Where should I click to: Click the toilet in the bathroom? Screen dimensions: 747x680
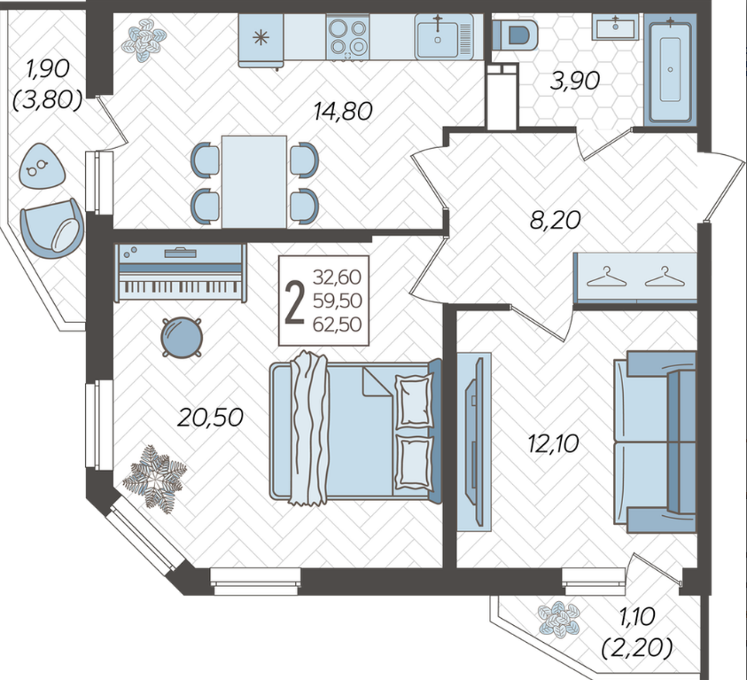point(515,35)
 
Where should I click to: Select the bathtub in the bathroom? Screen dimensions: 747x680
point(670,69)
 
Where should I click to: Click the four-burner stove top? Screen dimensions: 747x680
point(347,37)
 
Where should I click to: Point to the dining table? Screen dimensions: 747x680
point(254,182)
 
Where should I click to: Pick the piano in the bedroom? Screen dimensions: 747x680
point(181,272)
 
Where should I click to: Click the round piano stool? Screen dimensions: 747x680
point(182,338)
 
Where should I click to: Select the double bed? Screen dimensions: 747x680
point(355,430)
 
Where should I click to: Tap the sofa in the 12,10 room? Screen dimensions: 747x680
point(655,442)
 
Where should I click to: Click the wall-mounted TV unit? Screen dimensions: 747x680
point(474,442)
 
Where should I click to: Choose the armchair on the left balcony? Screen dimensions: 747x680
point(52,229)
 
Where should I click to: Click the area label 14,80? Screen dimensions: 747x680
point(343,112)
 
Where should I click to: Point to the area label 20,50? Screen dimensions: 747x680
point(210,418)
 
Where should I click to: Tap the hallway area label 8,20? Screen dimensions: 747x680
point(556,220)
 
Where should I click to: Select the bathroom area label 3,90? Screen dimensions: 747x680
point(574,81)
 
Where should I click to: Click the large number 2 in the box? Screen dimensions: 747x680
point(294,301)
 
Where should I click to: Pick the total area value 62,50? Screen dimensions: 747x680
point(338,324)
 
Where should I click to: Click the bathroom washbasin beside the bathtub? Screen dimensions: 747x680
point(615,27)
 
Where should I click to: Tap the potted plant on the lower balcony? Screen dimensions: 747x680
point(559,619)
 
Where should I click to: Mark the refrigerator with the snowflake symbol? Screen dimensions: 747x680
point(261,40)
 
